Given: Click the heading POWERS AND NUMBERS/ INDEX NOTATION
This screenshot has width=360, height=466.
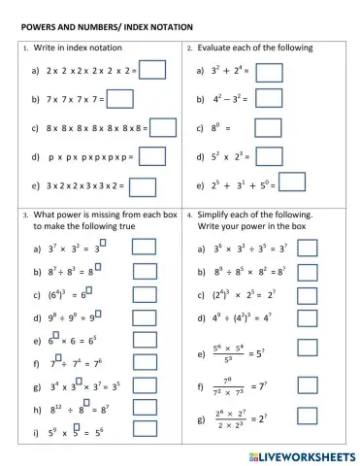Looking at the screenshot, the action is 106,25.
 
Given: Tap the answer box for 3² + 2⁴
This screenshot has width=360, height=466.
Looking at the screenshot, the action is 269,71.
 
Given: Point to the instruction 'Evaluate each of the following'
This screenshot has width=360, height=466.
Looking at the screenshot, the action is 247,47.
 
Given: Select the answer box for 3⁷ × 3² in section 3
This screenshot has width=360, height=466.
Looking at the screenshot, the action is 144,250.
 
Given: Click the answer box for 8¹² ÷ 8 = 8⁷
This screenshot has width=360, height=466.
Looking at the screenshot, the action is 144,410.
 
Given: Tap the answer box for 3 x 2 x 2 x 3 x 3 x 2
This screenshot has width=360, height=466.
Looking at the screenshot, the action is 143,184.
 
